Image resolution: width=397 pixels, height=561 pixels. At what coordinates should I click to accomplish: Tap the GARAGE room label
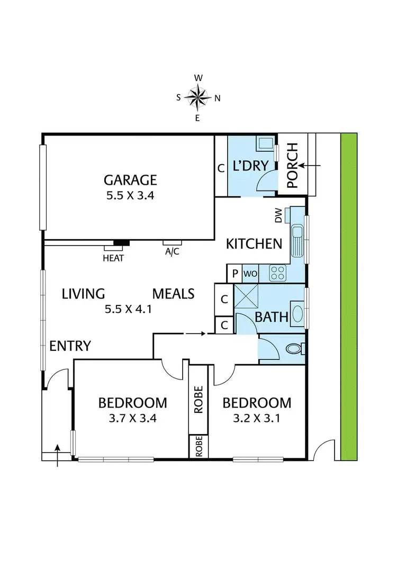[130, 179]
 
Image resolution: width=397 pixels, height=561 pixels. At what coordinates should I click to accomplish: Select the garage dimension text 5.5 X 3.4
[130, 195]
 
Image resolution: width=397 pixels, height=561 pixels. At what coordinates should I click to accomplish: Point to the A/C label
[172, 252]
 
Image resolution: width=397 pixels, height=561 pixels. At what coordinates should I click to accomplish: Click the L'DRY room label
[249, 167]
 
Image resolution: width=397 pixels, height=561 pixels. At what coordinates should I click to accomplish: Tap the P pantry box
[234, 274]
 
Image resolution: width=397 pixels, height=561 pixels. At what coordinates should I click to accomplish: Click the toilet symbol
[296, 349]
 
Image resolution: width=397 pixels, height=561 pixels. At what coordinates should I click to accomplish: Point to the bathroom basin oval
[297, 316]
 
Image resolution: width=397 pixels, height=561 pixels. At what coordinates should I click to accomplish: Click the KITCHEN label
[254, 244]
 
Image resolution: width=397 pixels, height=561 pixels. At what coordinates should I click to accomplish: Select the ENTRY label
[70, 346]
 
